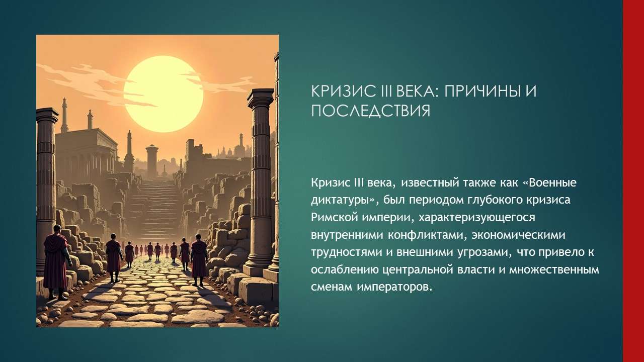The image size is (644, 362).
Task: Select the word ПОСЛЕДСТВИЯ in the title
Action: [370, 111]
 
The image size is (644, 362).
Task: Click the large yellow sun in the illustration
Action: [163, 94]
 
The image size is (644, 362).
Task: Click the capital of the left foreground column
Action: [47, 116]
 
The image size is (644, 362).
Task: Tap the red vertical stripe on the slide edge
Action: [633, 181]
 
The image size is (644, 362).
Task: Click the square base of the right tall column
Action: [258, 268]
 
